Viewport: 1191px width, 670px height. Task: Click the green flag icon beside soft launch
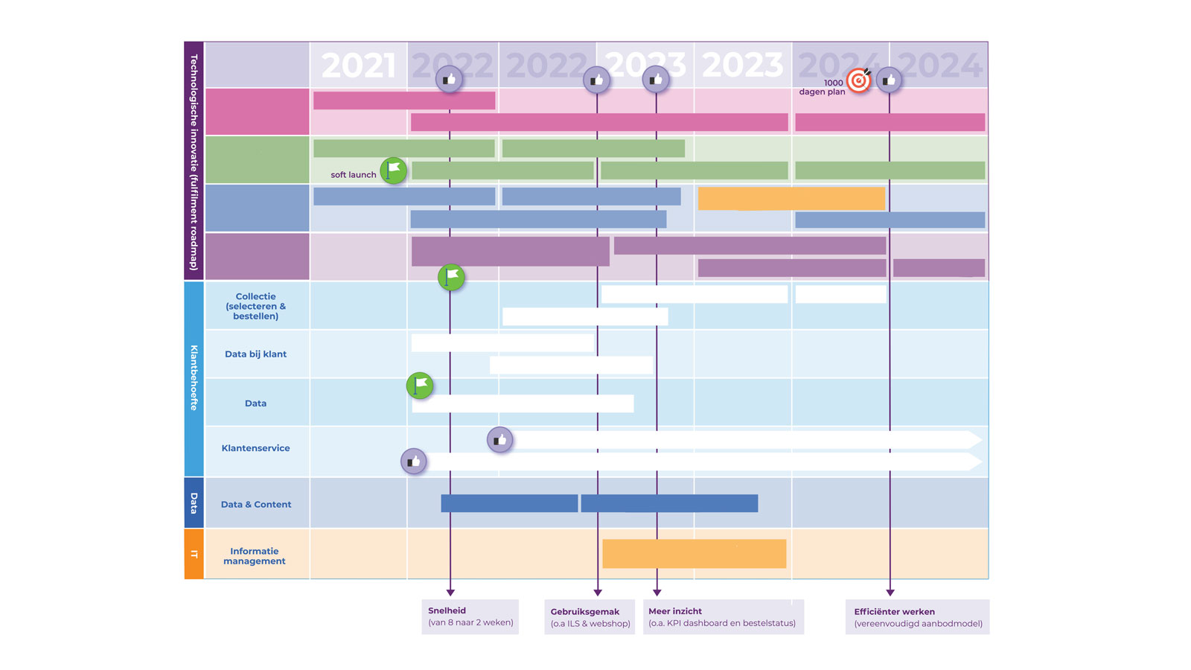(394, 170)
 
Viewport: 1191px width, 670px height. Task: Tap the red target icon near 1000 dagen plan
(859, 80)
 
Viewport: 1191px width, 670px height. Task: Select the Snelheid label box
(470, 616)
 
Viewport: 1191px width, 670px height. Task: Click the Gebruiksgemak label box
(590, 617)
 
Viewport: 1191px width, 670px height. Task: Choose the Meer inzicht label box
(723, 617)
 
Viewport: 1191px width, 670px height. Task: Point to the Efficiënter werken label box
(917, 617)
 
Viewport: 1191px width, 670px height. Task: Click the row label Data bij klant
(255, 354)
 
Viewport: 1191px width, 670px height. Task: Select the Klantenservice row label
(255, 448)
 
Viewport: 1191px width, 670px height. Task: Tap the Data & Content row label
(256, 505)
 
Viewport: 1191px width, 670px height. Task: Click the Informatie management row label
(255, 556)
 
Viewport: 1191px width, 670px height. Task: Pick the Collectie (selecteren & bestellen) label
(255, 306)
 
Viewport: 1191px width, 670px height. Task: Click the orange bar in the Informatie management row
(694, 554)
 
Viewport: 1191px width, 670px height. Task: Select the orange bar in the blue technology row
(791, 199)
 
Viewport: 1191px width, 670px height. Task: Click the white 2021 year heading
(358, 66)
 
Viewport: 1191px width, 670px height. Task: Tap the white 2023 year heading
(742, 66)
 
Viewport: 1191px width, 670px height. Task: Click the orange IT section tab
(194, 554)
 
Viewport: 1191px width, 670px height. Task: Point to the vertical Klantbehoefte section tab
(194, 377)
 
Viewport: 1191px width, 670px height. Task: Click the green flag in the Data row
(420, 386)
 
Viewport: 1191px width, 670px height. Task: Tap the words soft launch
(353, 175)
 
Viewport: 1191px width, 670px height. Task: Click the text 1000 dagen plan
(823, 88)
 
